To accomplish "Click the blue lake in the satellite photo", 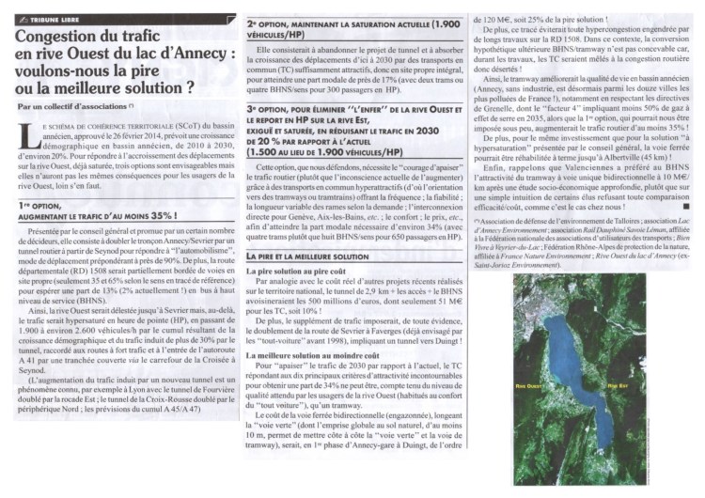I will point(573,376).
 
